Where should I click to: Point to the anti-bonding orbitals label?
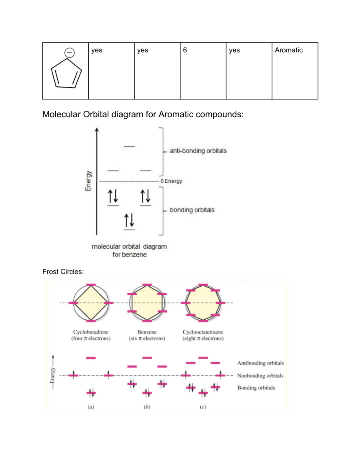198,151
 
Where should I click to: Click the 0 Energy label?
171,181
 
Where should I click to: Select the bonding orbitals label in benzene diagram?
192,210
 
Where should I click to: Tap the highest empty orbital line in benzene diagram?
129,147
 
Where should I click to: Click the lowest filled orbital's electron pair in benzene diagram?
129,220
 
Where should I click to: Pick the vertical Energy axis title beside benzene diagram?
88,181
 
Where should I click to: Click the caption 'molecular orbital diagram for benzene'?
129,250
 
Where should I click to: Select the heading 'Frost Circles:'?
63,272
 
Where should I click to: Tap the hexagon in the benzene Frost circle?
147,303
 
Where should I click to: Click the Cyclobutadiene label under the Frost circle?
91,332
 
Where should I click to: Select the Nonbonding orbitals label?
260,376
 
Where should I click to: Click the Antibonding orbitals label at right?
260,363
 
